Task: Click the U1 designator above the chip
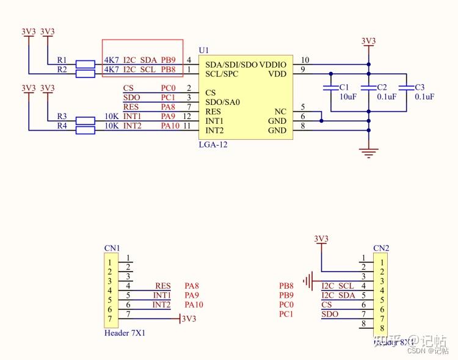204,49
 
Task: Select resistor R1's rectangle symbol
85,63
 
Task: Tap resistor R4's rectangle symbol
85,129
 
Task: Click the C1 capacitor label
344,87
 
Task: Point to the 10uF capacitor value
347,96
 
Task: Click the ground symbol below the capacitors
368,153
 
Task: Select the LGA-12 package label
213,145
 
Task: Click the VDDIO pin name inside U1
273,64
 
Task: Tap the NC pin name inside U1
280,112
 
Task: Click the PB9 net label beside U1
168,60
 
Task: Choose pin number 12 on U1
187,116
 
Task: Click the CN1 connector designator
112,248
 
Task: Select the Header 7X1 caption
125,333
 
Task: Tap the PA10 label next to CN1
194,304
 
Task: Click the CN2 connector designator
381,248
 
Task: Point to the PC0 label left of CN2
286,304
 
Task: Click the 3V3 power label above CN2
321,238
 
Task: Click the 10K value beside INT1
111,116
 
